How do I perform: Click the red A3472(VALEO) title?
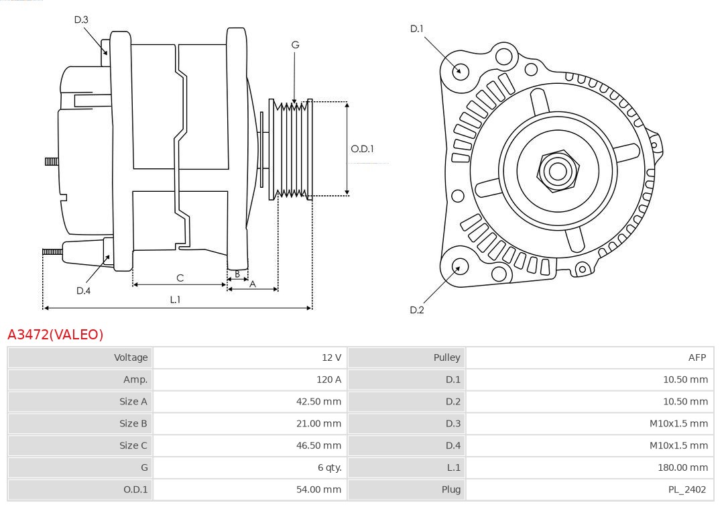(56, 334)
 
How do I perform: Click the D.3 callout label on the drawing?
(81, 20)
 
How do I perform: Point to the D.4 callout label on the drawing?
(83, 290)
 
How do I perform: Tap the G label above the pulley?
(295, 45)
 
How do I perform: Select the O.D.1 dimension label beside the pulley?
(362, 149)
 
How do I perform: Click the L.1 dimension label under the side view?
(175, 300)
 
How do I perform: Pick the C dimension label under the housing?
(180, 278)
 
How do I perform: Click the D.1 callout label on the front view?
(417, 29)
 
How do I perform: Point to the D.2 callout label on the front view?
(417, 310)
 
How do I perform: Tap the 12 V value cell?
(331, 357)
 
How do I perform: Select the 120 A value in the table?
(328, 380)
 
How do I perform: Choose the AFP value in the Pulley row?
(697, 357)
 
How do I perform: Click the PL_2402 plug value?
(687, 490)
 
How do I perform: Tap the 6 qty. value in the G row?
(326, 467)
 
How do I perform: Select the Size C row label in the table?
(133, 445)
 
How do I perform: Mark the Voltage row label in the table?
(131, 357)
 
